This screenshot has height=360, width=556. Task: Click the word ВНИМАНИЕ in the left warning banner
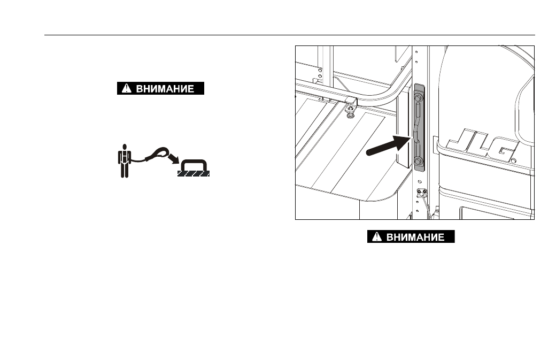point(165,88)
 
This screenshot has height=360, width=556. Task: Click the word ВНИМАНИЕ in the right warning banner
point(415,236)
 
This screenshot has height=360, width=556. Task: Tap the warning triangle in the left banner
point(126,88)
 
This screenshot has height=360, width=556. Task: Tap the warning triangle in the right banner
point(376,236)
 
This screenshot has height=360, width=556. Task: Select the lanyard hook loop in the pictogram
point(158,154)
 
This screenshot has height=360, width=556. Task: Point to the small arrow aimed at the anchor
point(173,159)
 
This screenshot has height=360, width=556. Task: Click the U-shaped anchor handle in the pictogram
point(194,165)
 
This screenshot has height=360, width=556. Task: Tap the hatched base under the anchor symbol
point(194,173)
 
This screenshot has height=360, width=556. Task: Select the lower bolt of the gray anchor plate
point(419,162)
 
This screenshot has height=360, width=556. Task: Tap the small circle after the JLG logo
point(513,161)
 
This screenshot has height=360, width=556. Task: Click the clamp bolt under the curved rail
point(350,111)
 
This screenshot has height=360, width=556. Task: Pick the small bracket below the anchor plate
point(422,193)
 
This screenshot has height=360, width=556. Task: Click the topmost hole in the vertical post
point(416,52)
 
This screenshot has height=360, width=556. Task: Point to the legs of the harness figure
point(125,170)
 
